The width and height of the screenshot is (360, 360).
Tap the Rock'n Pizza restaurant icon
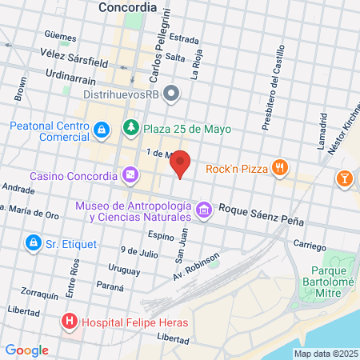click(278, 168)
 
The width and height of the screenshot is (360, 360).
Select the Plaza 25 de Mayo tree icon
click(130, 128)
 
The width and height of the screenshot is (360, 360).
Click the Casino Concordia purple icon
click(130, 175)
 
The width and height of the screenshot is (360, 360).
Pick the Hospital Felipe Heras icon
click(70, 322)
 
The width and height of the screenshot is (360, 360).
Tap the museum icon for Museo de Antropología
click(204, 210)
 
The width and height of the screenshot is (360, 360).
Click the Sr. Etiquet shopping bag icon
click(32, 242)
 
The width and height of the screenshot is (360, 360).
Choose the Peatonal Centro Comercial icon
click(102, 129)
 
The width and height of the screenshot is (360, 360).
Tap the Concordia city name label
click(126, 7)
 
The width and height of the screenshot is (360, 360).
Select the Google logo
click(26, 350)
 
